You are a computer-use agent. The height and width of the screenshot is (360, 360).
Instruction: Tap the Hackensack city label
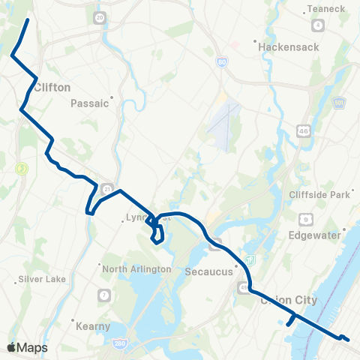[289, 46]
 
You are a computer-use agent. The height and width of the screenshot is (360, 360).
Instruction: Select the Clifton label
[52, 87]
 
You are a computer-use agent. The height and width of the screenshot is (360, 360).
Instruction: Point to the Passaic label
[90, 104]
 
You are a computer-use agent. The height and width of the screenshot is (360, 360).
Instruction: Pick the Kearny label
[93, 326]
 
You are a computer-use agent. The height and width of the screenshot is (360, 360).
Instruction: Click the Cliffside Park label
[320, 195]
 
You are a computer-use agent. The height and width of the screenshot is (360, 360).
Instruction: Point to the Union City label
[288, 300]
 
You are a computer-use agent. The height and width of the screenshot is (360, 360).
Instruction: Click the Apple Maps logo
[27, 347]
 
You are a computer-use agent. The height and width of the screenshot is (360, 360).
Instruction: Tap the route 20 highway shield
[100, 16]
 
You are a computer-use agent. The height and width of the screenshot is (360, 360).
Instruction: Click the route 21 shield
[109, 188]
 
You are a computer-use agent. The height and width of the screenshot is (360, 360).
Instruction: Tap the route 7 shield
[103, 293]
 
